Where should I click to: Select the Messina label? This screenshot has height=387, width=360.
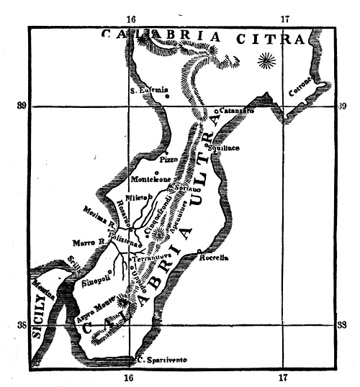(42, 288)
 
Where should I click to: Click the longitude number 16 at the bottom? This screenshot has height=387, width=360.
(129, 378)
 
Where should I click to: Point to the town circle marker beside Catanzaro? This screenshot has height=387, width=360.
(216, 111)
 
